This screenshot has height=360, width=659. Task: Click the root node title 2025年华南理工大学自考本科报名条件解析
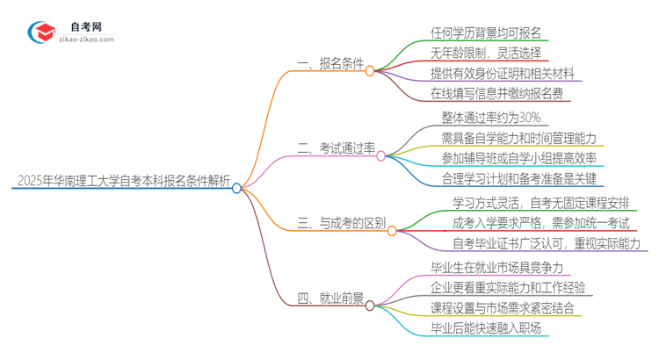(x=123, y=183)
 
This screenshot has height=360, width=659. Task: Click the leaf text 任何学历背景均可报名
(x=486, y=33)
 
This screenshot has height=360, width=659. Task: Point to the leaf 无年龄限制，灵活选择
(x=486, y=53)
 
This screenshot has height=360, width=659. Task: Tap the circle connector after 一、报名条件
(x=370, y=70)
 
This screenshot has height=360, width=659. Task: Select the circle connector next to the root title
(x=236, y=187)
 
